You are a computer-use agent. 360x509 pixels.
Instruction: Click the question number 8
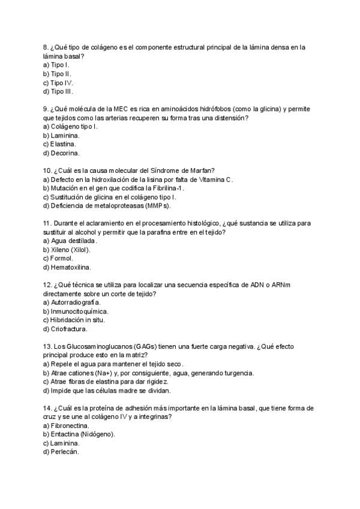click(46, 47)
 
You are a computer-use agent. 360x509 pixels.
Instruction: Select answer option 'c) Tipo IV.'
click(58, 83)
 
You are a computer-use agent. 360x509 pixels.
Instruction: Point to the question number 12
click(47, 285)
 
